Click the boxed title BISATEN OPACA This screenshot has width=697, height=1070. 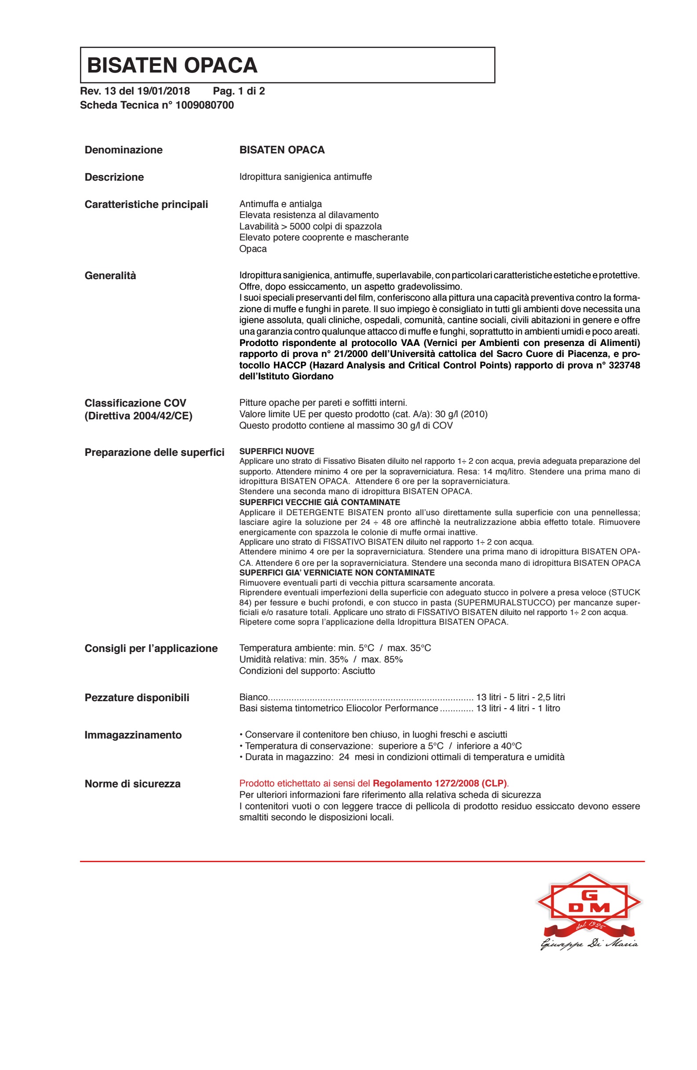pyautogui.click(x=172, y=65)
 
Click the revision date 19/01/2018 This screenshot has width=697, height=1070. pyautogui.click(x=163, y=91)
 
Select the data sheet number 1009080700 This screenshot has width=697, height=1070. pyautogui.click(x=204, y=105)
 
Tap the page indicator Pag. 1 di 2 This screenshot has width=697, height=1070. pyautogui.click(x=239, y=91)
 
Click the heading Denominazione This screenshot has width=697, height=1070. pyautogui.click(x=124, y=150)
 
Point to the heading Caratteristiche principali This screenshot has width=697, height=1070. pyautogui.click(x=146, y=204)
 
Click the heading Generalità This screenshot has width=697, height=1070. pyautogui.click(x=110, y=276)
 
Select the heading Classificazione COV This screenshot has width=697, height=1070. pyautogui.click(x=135, y=403)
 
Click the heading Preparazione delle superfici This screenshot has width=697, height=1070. pyautogui.click(x=154, y=452)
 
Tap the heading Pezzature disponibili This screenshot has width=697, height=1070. pyautogui.click(x=137, y=698)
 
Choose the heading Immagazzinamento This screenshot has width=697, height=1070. pyautogui.click(x=133, y=735)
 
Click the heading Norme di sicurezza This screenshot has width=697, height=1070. pyautogui.click(x=133, y=784)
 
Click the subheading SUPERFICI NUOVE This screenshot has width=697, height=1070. pyautogui.click(x=277, y=451)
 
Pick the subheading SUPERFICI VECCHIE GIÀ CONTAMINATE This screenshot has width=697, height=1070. pyautogui.click(x=319, y=502)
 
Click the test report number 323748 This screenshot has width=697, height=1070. pyautogui.click(x=624, y=365)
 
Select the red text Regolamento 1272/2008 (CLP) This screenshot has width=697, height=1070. pyautogui.click(x=439, y=784)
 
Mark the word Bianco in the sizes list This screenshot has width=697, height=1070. pyautogui.click(x=254, y=697)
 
